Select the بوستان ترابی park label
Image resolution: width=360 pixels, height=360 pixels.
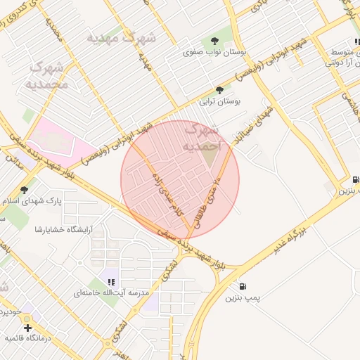click(220, 101)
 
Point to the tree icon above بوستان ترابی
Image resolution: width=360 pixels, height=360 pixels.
click(220, 90)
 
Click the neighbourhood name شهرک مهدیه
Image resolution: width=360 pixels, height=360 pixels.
click(121, 37)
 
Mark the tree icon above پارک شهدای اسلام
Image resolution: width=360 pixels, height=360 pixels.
click(25, 190)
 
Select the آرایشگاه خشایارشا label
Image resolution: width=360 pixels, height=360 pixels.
click(65, 229)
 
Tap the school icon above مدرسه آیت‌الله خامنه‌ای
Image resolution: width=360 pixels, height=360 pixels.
click(112, 281)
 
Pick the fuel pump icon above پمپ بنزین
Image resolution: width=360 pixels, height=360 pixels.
click(243, 286)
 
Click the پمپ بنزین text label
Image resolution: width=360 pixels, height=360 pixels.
click(243, 298)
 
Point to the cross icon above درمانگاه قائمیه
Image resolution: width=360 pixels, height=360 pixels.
click(27, 327)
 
